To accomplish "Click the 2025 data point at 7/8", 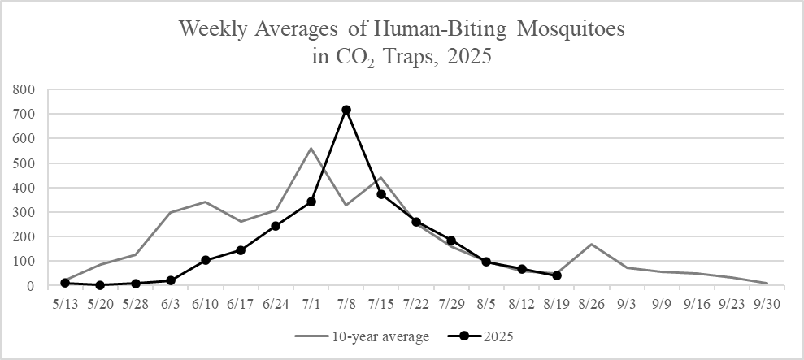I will (346, 110).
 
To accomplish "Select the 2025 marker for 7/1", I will (311, 202).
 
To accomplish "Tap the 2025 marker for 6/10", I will (206, 260).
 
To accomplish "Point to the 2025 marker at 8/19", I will (557, 275).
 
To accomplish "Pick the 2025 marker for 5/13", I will (64, 283).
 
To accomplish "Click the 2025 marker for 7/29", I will (451, 241).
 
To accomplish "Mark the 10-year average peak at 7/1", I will (311, 148).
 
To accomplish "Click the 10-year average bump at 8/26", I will (592, 244).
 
